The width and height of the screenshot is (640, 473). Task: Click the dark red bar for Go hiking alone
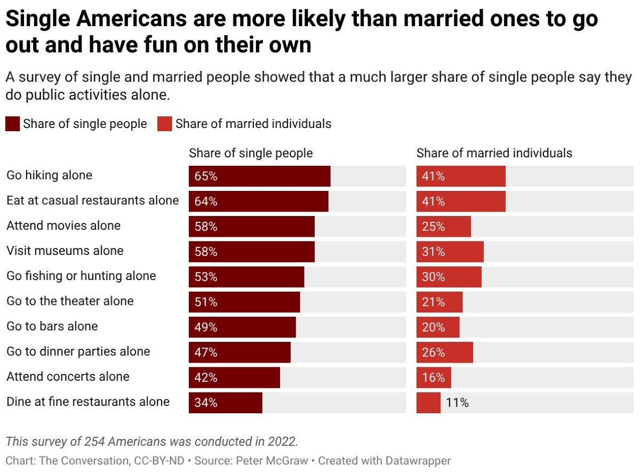pyautogui.click(x=260, y=176)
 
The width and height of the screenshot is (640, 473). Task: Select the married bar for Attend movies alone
pyautogui.click(x=444, y=227)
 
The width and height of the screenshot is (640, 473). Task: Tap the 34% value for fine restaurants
pyautogui.click(x=206, y=403)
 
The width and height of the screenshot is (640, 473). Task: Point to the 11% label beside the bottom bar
pyautogui.click(x=457, y=403)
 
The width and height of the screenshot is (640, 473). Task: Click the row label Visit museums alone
pyautogui.click(x=65, y=251)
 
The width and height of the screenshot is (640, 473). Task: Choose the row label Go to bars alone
pyautogui.click(x=52, y=326)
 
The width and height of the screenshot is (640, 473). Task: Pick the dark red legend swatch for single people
pyautogui.click(x=12, y=124)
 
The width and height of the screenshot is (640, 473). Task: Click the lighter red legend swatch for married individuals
pyautogui.click(x=164, y=124)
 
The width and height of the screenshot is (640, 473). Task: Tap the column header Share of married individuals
pyautogui.click(x=494, y=153)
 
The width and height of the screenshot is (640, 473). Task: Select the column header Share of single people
pyautogui.click(x=251, y=153)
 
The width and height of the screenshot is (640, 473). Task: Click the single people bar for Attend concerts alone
pyautogui.click(x=234, y=378)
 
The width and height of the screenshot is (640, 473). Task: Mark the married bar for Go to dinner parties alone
pyautogui.click(x=445, y=352)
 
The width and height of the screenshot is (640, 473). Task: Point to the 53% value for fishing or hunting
pyautogui.click(x=206, y=277)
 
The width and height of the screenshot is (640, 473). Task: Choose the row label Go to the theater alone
pyautogui.click(x=70, y=301)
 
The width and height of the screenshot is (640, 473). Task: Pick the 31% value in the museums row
pyautogui.click(x=433, y=252)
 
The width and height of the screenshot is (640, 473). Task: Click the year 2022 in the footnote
pyautogui.click(x=283, y=442)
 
